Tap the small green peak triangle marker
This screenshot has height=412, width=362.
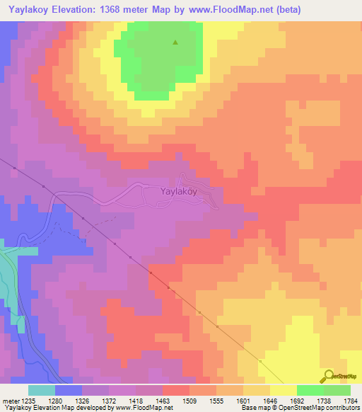pos(175,42)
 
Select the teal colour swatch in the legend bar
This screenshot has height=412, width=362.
pos(41,390)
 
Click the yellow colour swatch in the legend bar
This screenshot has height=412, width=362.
pos(283,390)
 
